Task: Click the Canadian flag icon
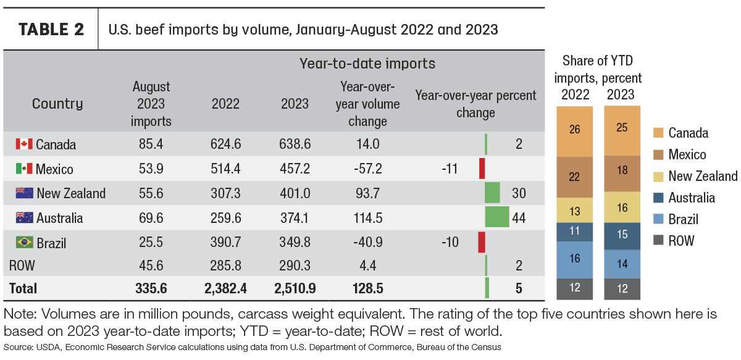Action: pyautogui.click(x=24, y=144)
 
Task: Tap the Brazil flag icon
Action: pyautogui.click(x=25, y=242)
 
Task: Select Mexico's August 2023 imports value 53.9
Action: pyautogui.click(x=151, y=169)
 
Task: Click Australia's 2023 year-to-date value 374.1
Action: pyautogui.click(x=295, y=218)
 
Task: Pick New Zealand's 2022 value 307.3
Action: pyautogui.click(x=225, y=193)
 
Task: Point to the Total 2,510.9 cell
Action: pyautogui.click(x=295, y=288)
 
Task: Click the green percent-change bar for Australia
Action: pyautogui.click(x=497, y=217)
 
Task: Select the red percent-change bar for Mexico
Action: pyautogui.click(x=482, y=169)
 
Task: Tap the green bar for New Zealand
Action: pyautogui.click(x=492, y=193)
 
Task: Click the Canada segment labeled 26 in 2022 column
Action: pyautogui.click(x=575, y=132)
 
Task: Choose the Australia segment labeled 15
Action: pyautogui.click(x=622, y=236)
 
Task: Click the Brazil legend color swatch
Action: pyautogui.click(x=658, y=219)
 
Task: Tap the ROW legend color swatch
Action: pyautogui.click(x=658, y=240)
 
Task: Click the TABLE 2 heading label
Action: pyautogui.click(x=51, y=30)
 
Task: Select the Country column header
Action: pyautogui.click(x=57, y=104)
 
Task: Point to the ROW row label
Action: pyautogui.click(x=22, y=266)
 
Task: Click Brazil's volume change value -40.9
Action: pyautogui.click(x=368, y=242)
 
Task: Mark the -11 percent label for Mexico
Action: pyautogui.click(x=450, y=169)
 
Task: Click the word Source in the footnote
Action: pyautogui.click(x=19, y=347)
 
